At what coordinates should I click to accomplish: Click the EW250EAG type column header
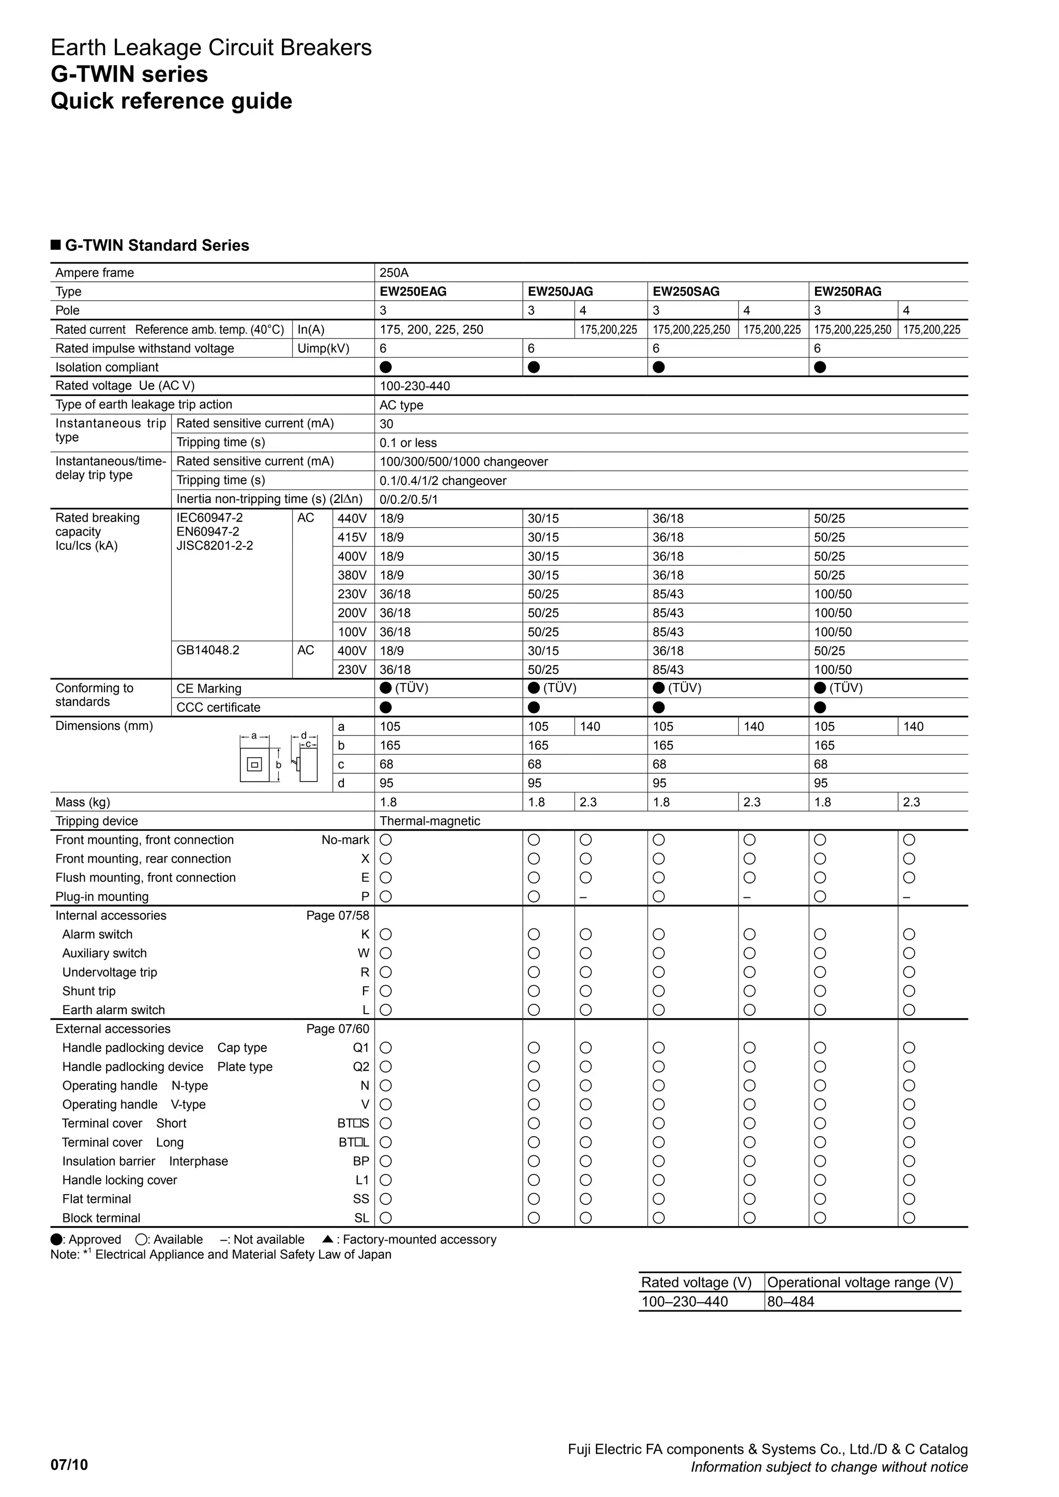[413, 292]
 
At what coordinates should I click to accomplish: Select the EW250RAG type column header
[847, 292]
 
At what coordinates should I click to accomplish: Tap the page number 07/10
[69, 1465]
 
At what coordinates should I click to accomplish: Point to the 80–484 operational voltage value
[790, 1302]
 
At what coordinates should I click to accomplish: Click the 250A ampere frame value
[394, 272]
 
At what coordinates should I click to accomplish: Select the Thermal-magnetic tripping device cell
[430, 821]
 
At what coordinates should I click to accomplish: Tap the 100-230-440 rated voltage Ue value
[415, 386]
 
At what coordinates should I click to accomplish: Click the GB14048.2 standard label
[208, 650]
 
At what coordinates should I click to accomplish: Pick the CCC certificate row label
[218, 708]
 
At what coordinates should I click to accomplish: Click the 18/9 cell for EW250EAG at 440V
[391, 518]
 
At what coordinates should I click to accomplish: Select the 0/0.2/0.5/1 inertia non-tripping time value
[408, 499]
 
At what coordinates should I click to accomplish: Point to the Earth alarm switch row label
[113, 1010]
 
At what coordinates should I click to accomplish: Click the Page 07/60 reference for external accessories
[337, 1029]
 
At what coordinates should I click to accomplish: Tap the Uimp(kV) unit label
[323, 348]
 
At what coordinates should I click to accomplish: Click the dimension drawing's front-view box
[254, 764]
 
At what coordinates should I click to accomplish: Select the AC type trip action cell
[401, 405]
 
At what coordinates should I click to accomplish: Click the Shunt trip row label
[89, 991]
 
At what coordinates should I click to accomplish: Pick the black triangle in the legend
[328, 1239]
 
